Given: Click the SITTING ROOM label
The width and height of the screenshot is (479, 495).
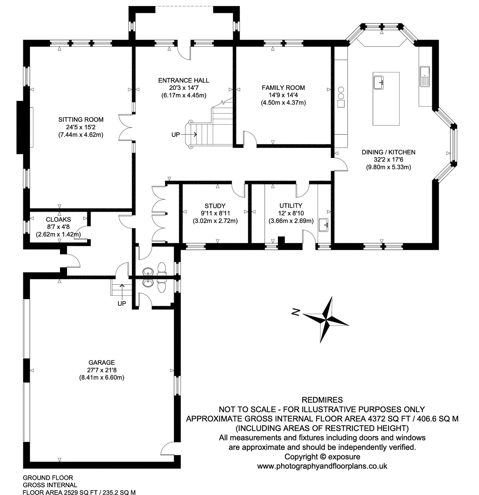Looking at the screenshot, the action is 81,120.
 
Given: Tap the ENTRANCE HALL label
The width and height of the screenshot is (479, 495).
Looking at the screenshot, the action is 183,80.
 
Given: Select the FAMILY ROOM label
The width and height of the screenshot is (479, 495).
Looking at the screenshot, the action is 283,88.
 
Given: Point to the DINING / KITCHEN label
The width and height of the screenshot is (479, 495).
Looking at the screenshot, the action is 388,152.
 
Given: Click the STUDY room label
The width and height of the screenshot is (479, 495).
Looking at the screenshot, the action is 215,206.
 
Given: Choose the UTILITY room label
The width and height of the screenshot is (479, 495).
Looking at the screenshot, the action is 291,206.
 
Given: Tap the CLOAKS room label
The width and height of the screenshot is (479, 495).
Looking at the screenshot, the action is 58,219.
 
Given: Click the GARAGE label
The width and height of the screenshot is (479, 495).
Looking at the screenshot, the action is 102,363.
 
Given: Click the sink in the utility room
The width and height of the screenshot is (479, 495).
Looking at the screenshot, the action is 323,224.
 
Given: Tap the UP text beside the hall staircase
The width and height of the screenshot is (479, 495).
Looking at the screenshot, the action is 176,135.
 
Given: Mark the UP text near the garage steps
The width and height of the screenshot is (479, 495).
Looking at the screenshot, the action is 122,304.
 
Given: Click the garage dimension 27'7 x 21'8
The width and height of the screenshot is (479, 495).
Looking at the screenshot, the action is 102,370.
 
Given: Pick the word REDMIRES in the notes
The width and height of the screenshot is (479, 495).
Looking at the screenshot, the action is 322,400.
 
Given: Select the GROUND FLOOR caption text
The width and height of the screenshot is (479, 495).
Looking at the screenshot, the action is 48,478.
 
